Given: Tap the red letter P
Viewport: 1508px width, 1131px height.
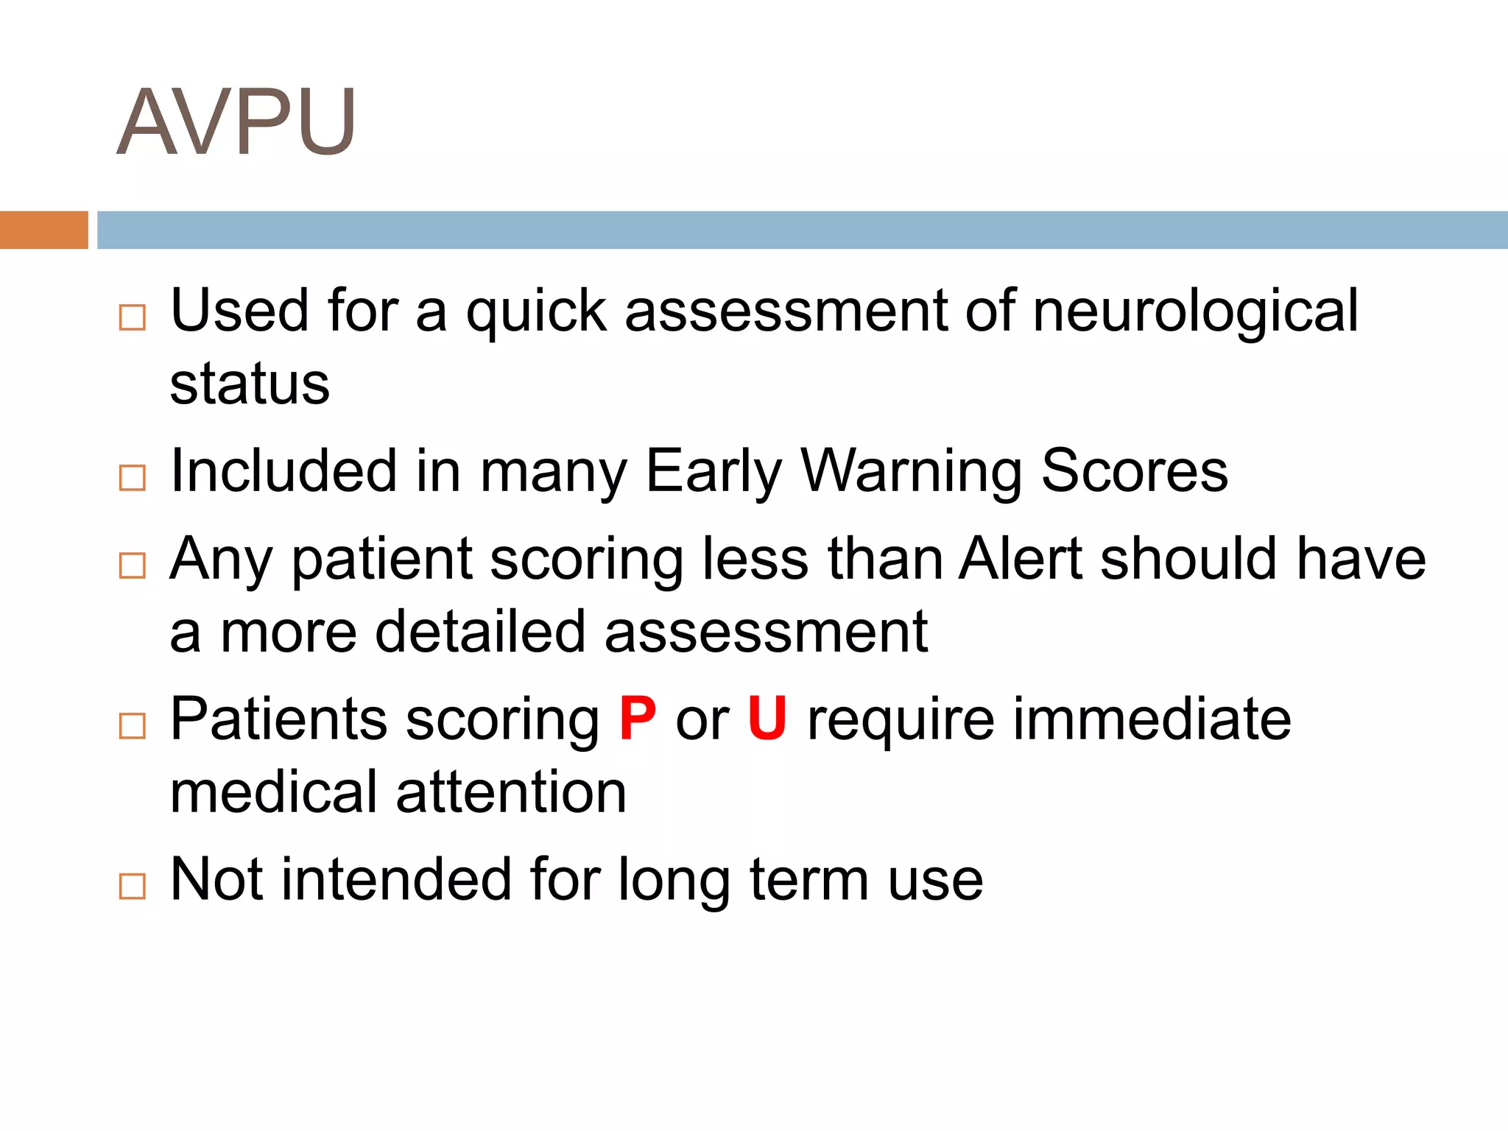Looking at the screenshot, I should [x=638, y=719].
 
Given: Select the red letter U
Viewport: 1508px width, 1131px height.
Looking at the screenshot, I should [x=767, y=719].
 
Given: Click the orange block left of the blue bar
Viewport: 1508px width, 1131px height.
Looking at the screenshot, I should [x=44, y=230].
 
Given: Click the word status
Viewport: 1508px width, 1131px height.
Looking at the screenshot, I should [x=250, y=384].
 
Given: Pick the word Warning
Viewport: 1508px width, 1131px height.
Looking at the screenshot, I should [x=912, y=471].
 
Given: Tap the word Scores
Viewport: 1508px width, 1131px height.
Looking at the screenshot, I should [x=1135, y=471].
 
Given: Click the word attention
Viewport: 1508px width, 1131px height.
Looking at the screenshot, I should [x=511, y=792].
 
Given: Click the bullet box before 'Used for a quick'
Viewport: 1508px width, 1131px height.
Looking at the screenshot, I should [x=133, y=318].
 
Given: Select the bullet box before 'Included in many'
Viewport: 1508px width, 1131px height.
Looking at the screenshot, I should [x=133, y=479].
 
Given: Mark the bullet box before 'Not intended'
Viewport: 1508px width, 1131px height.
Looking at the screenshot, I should [x=133, y=887].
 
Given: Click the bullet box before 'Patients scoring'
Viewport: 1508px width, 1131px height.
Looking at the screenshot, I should [x=133, y=726].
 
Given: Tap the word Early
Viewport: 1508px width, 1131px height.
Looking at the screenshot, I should [x=714, y=471].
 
